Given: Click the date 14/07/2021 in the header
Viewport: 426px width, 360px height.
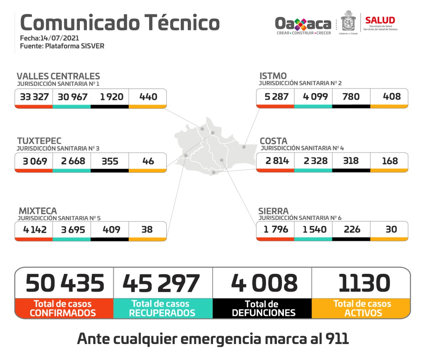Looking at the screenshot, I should (x=60, y=38).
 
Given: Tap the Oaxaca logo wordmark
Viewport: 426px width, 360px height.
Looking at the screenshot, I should (x=303, y=24).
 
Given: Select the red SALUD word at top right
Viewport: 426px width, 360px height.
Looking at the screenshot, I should (x=380, y=20).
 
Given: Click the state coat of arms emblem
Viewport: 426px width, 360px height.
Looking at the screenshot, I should (x=348, y=22).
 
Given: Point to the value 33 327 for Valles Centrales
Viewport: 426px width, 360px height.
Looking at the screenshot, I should (x=34, y=97).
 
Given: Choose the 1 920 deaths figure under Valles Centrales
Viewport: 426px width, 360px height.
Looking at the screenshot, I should (x=111, y=97).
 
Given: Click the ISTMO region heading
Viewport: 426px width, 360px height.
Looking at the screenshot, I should (x=273, y=76).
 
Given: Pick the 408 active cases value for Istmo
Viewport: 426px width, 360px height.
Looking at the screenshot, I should (x=392, y=96).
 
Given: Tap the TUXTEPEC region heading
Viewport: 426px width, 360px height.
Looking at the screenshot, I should (x=39, y=141).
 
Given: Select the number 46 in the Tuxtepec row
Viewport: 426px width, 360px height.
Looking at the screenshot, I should (x=148, y=161).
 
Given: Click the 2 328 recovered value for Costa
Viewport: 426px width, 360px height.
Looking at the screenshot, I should (x=315, y=161).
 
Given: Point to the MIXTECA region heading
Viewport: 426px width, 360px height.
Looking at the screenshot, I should (x=38, y=211).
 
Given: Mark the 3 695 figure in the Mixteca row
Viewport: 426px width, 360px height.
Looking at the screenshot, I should (x=73, y=230).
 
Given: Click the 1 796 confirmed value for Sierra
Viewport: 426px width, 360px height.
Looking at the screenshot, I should (x=276, y=229).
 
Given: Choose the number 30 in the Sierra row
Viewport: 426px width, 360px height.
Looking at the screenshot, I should (x=391, y=229).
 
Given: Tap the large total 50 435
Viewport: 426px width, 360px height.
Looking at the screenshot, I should (x=65, y=283).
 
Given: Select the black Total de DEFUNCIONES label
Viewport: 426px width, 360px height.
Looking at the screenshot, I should (x=263, y=308).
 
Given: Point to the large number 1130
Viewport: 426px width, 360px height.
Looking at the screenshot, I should (x=364, y=283).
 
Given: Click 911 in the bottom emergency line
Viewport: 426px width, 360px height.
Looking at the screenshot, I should (x=337, y=339).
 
